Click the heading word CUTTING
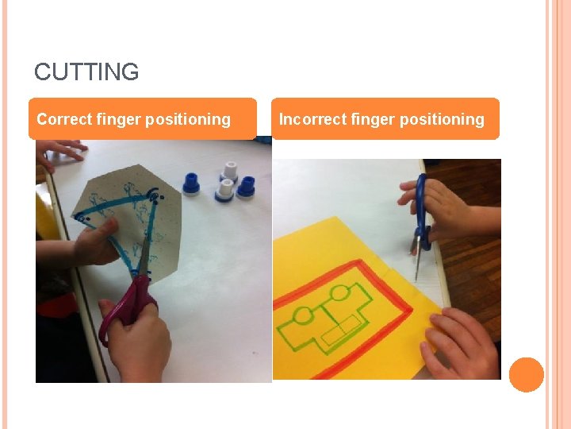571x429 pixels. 86,72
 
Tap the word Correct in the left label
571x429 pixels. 64,120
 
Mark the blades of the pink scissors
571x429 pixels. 144,253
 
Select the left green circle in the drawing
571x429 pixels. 304,317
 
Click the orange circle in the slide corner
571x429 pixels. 526,375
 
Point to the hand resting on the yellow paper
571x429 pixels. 460,344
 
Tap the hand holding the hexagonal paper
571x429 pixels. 91,242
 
